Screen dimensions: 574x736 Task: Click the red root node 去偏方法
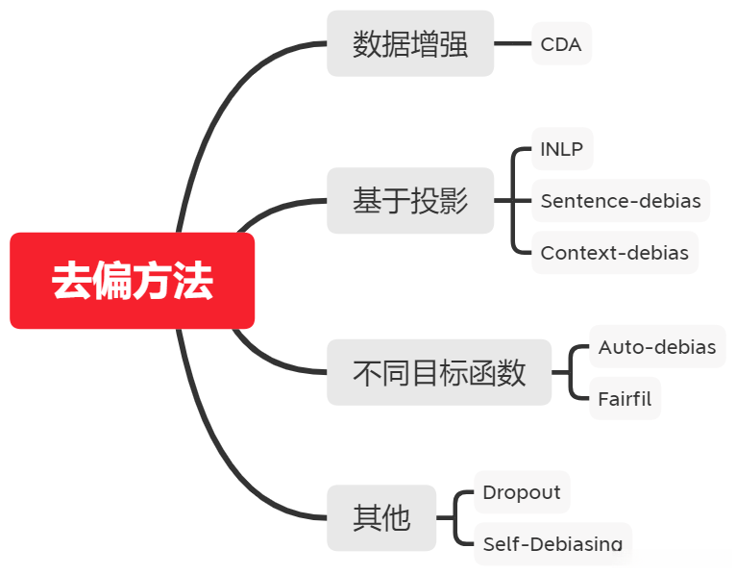tap(133, 281)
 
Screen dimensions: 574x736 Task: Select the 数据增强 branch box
tap(410, 44)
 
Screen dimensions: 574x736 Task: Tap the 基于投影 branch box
tap(410, 201)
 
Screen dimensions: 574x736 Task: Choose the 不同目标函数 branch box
tap(439, 372)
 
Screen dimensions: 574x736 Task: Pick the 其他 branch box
tap(381, 518)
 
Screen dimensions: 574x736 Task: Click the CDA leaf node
tap(561, 44)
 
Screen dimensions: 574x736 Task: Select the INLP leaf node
tap(562, 149)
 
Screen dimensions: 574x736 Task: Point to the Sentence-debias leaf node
tap(620, 201)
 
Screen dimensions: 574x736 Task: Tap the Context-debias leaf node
tap(614, 253)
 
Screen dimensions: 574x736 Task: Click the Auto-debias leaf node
tap(657, 347)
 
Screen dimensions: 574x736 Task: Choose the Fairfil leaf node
tap(625, 398)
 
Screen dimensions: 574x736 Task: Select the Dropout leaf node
tap(522, 492)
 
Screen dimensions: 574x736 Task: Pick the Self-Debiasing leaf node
tap(552, 544)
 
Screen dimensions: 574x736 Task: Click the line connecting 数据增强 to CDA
tap(513, 44)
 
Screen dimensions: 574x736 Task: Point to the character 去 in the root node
tap(71, 281)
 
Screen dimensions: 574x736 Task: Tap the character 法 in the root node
tap(193, 281)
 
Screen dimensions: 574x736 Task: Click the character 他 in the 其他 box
tap(396, 518)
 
